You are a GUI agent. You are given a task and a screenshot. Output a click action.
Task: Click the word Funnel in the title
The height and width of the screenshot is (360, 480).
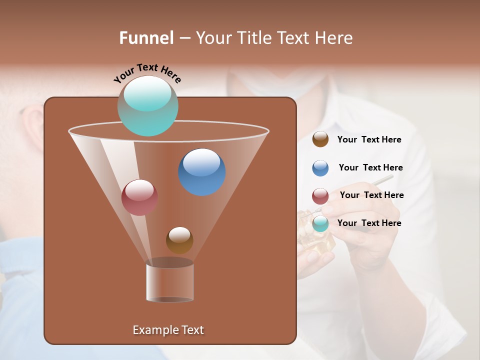pyautogui.click(x=146, y=38)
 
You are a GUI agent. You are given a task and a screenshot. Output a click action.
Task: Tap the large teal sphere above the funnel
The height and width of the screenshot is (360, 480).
pyautogui.click(x=148, y=106)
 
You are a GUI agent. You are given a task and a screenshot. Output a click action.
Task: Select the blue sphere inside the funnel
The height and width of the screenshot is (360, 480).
pyautogui.click(x=202, y=172)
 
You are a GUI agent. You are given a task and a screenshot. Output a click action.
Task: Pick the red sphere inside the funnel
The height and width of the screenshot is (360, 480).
pyautogui.click(x=139, y=197)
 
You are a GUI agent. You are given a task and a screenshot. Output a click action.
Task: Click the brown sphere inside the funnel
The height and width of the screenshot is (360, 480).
pyautogui.click(x=179, y=240)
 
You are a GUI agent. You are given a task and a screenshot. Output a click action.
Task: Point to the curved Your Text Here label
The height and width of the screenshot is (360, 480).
pyautogui.click(x=147, y=73)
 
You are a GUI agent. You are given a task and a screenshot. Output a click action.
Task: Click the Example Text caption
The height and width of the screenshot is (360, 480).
pyautogui.click(x=168, y=330)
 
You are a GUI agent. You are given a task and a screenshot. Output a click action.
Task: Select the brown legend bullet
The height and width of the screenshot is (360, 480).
pyautogui.click(x=320, y=139)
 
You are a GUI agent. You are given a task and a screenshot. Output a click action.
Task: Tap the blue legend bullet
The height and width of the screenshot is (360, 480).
pyautogui.click(x=320, y=168)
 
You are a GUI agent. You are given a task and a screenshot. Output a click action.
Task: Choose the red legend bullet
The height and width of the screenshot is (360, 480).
pyautogui.click(x=320, y=196)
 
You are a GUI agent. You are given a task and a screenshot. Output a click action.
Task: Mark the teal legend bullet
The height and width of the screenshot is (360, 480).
pyautogui.click(x=320, y=223)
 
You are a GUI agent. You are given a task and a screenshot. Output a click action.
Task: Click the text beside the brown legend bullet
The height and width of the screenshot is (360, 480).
pyautogui.click(x=369, y=140)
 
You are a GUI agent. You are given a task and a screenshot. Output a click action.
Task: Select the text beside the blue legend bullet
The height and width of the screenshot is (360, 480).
pyautogui.click(x=370, y=168)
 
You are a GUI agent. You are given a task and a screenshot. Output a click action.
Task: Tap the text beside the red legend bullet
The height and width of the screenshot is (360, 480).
pyautogui.click(x=371, y=195)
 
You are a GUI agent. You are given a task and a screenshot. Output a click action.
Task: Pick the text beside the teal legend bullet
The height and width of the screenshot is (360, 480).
pyautogui.click(x=369, y=223)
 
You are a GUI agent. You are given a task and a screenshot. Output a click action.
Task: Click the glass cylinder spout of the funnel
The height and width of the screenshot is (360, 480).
pyautogui.click(x=170, y=282)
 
